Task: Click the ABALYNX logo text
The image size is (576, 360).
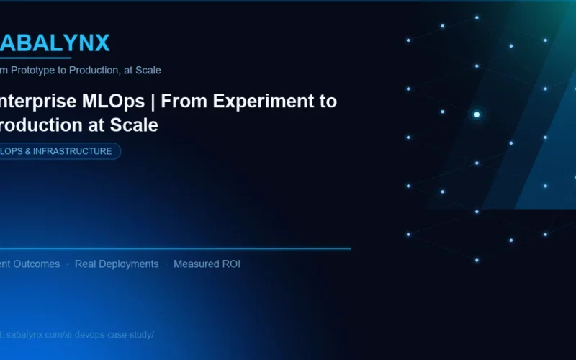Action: [55, 43]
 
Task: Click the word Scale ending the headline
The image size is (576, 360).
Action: [133, 125]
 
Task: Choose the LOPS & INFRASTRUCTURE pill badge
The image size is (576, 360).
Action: [58, 151]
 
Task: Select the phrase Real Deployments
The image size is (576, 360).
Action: [117, 264]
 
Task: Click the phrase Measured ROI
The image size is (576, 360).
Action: [207, 264]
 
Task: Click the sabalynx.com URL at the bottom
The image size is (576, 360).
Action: [79, 335]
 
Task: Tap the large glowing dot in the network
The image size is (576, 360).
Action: [477, 114]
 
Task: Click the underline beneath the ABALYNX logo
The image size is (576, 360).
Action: [36, 58]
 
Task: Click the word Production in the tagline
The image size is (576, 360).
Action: [101, 71]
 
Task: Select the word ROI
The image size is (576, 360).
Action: [230, 264]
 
